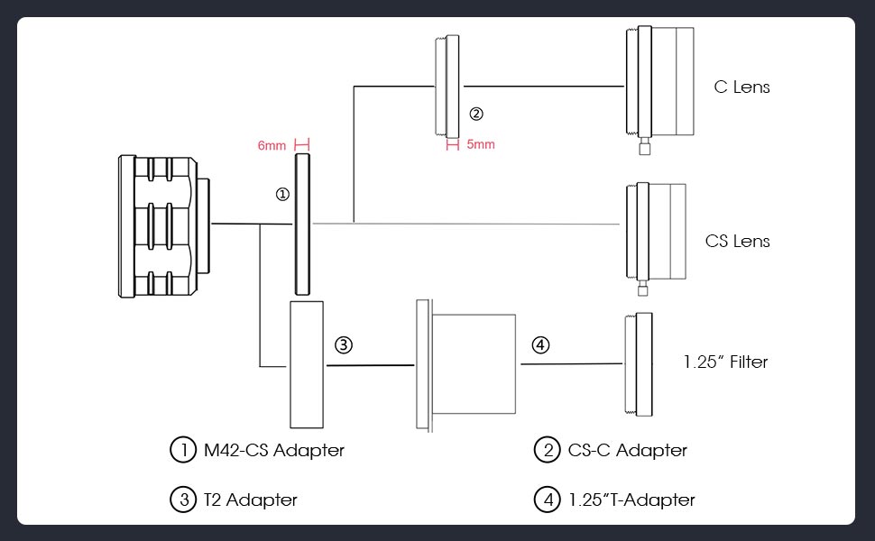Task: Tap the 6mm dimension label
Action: pyautogui.click(x=272, y=145)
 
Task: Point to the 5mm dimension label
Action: pyautogui.click(x=481, y=144)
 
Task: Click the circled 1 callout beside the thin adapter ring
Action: pyautogui.click(x=282, y=194)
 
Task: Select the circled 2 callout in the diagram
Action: pyautogui.click(x=476, y=115)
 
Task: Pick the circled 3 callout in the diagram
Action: pyautogui.click(x=343, y=344)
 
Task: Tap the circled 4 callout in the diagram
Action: pyautogui.click(x=539, y=344)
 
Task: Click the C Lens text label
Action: pyautogui.click(x=741, y=87)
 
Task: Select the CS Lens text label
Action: pyautogui.click(x=738, y=241)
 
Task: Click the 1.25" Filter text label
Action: pyautogui.click(x=725, y=362)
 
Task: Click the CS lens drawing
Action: pyautogui.click(x=655, y=232)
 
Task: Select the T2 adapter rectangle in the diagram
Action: pyautogui.click(x=307, y=365)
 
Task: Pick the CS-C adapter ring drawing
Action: pyautogui.click(x=448, y=84)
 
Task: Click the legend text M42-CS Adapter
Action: pyautogui.click(x=272, y=450)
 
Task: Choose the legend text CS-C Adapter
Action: pyautogui.click(x=628, y=450)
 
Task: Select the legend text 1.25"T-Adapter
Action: pyautogui.click(x=631, y=500)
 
